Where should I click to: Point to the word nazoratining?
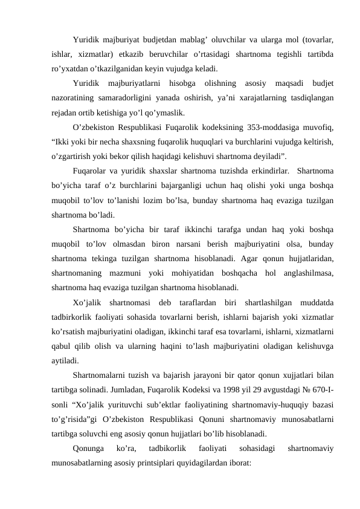tap(75, 99)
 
